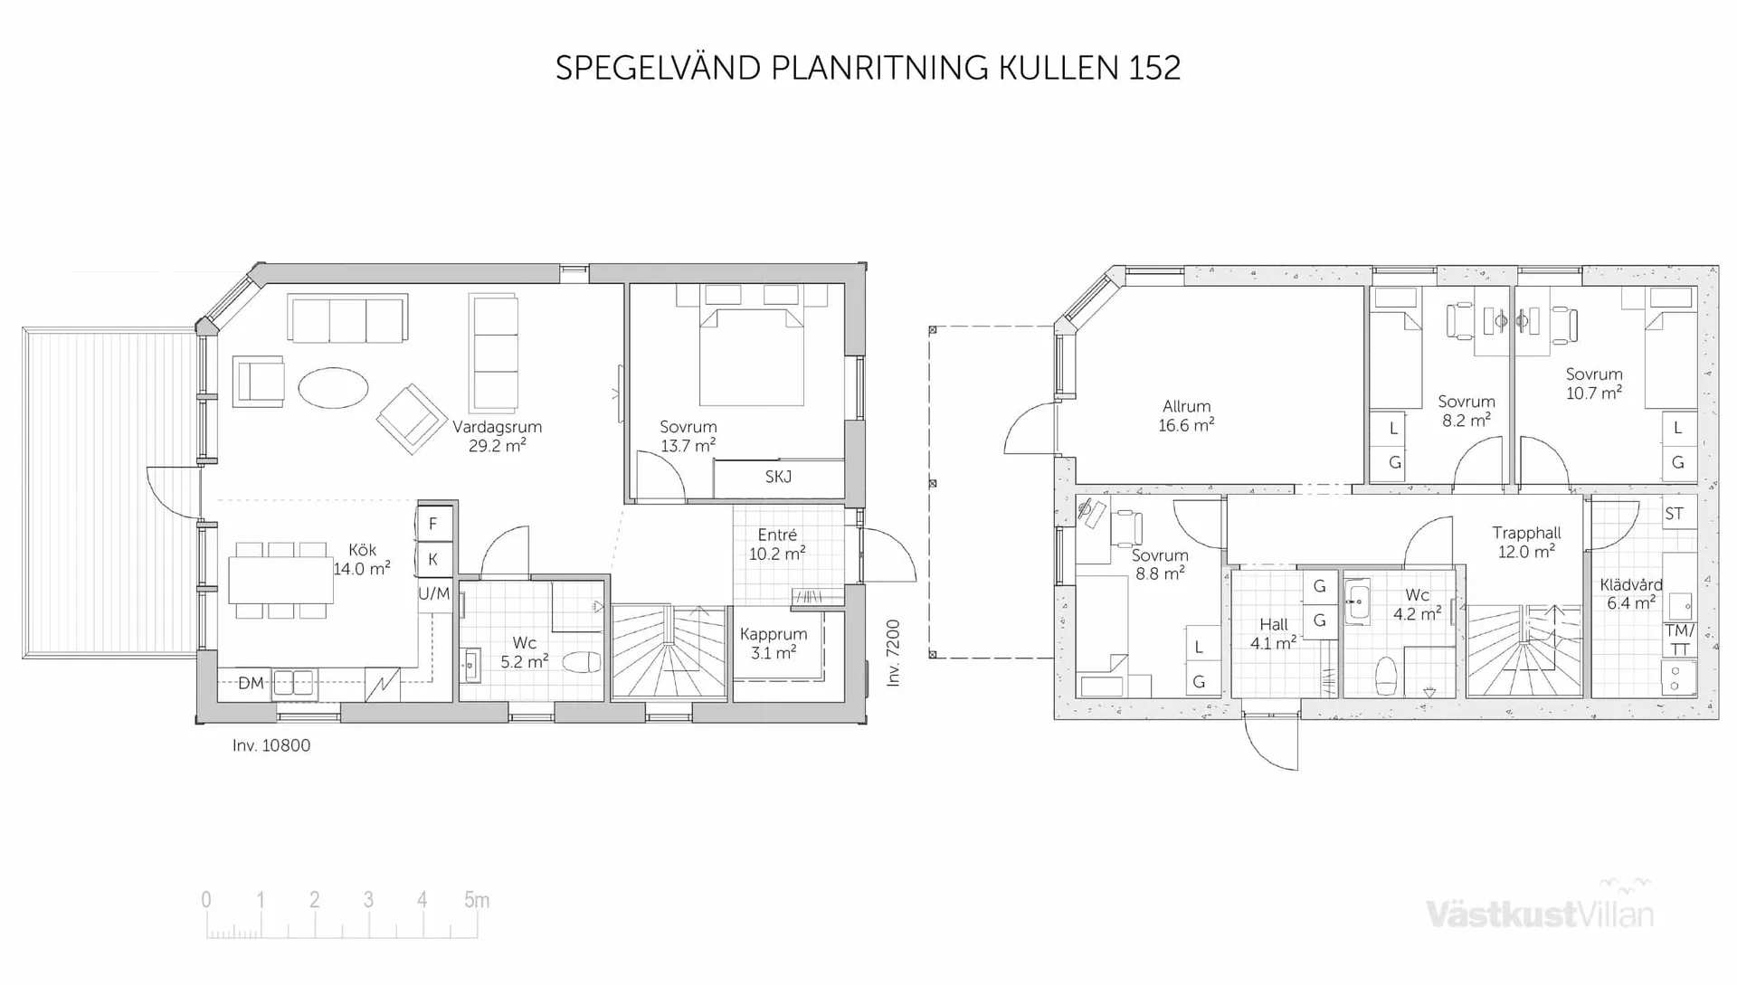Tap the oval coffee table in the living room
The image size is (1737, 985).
[x=333, y=388]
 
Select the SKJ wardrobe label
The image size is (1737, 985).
[x=778, y=477]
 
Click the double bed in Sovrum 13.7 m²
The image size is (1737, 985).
[x=751, y=357]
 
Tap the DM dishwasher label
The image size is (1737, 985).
[x=251, y=683]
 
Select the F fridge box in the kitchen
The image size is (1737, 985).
[x=433, y=523]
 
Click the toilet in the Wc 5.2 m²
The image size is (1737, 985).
[x=582, y=662]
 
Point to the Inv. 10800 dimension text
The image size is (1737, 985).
[x=271, y=745]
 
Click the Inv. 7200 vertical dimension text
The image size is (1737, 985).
[x=893, y=652]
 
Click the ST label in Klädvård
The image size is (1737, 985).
[x=1674, y=514]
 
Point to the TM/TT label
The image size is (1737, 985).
[x=1679, y=639]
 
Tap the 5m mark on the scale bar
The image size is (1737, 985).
[x=477, y=900]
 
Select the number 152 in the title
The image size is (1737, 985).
[x=1153, y=68]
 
